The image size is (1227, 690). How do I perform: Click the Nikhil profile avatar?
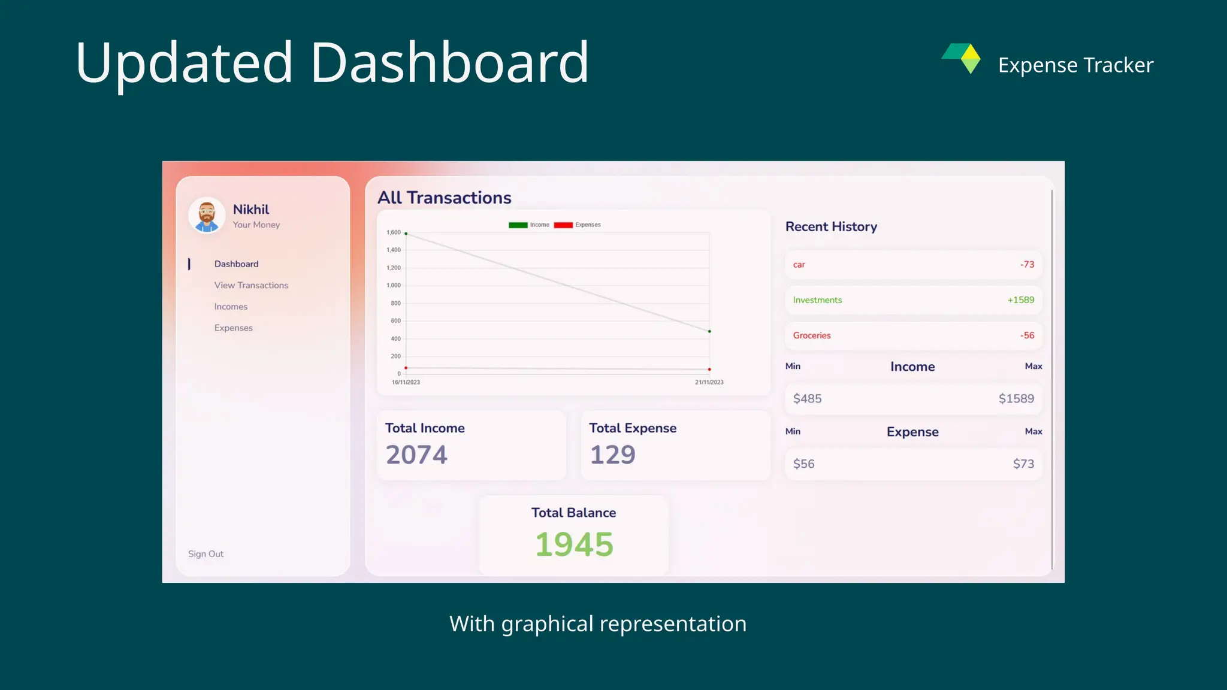[207, 215]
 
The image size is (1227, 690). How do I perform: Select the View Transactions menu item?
[251, 285]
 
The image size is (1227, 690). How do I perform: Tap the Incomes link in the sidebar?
[231, 307]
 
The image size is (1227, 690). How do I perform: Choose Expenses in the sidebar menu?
[233, 328]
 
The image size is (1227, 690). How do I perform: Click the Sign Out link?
[205, 554]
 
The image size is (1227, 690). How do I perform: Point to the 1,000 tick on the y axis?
[394, 285]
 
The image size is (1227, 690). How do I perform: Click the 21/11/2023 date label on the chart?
[709, 382]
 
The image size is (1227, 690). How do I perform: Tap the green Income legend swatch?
[518, 225]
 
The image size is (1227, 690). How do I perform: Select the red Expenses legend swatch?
[563, 225]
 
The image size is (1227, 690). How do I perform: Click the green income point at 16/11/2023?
[406, 234]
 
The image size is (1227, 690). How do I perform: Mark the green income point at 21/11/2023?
[709, 331]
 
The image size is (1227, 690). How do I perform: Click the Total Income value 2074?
[416, 455]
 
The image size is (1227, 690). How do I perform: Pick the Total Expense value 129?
[612, 455]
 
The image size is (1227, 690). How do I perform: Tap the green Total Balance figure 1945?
[574, 544]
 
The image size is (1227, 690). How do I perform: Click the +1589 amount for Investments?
[1020, 300]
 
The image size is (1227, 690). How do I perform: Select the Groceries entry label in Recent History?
[812, 335]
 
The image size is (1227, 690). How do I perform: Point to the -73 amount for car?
[1027, 265]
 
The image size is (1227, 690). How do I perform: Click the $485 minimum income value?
[807, 399]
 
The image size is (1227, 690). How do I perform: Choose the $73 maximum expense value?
[1023, 464]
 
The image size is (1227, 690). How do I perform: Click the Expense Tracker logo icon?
[962, 58]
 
